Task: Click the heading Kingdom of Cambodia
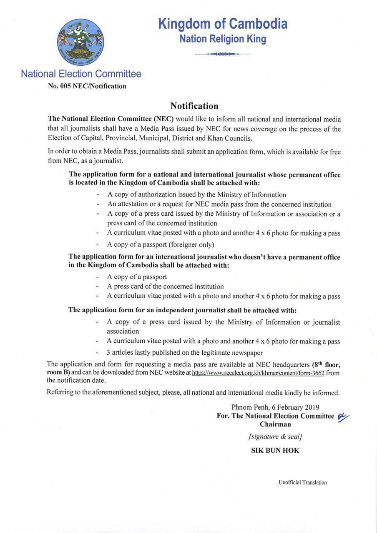(223, 24)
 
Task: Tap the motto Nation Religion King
(223, 39)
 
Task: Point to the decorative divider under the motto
(223, 54)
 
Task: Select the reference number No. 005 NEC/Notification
(87, 86)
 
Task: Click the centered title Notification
(194, 106)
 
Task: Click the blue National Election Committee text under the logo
(81, 74)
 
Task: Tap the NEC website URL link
(258, 373)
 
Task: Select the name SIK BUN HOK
(275, 450)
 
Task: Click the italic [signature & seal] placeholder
(275, 437)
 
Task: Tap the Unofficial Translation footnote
(303, 483)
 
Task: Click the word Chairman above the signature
(275, 424)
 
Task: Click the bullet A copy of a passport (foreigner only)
(161, 244)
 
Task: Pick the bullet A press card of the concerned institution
(165, 286)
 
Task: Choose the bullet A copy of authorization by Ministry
(196, 194)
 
